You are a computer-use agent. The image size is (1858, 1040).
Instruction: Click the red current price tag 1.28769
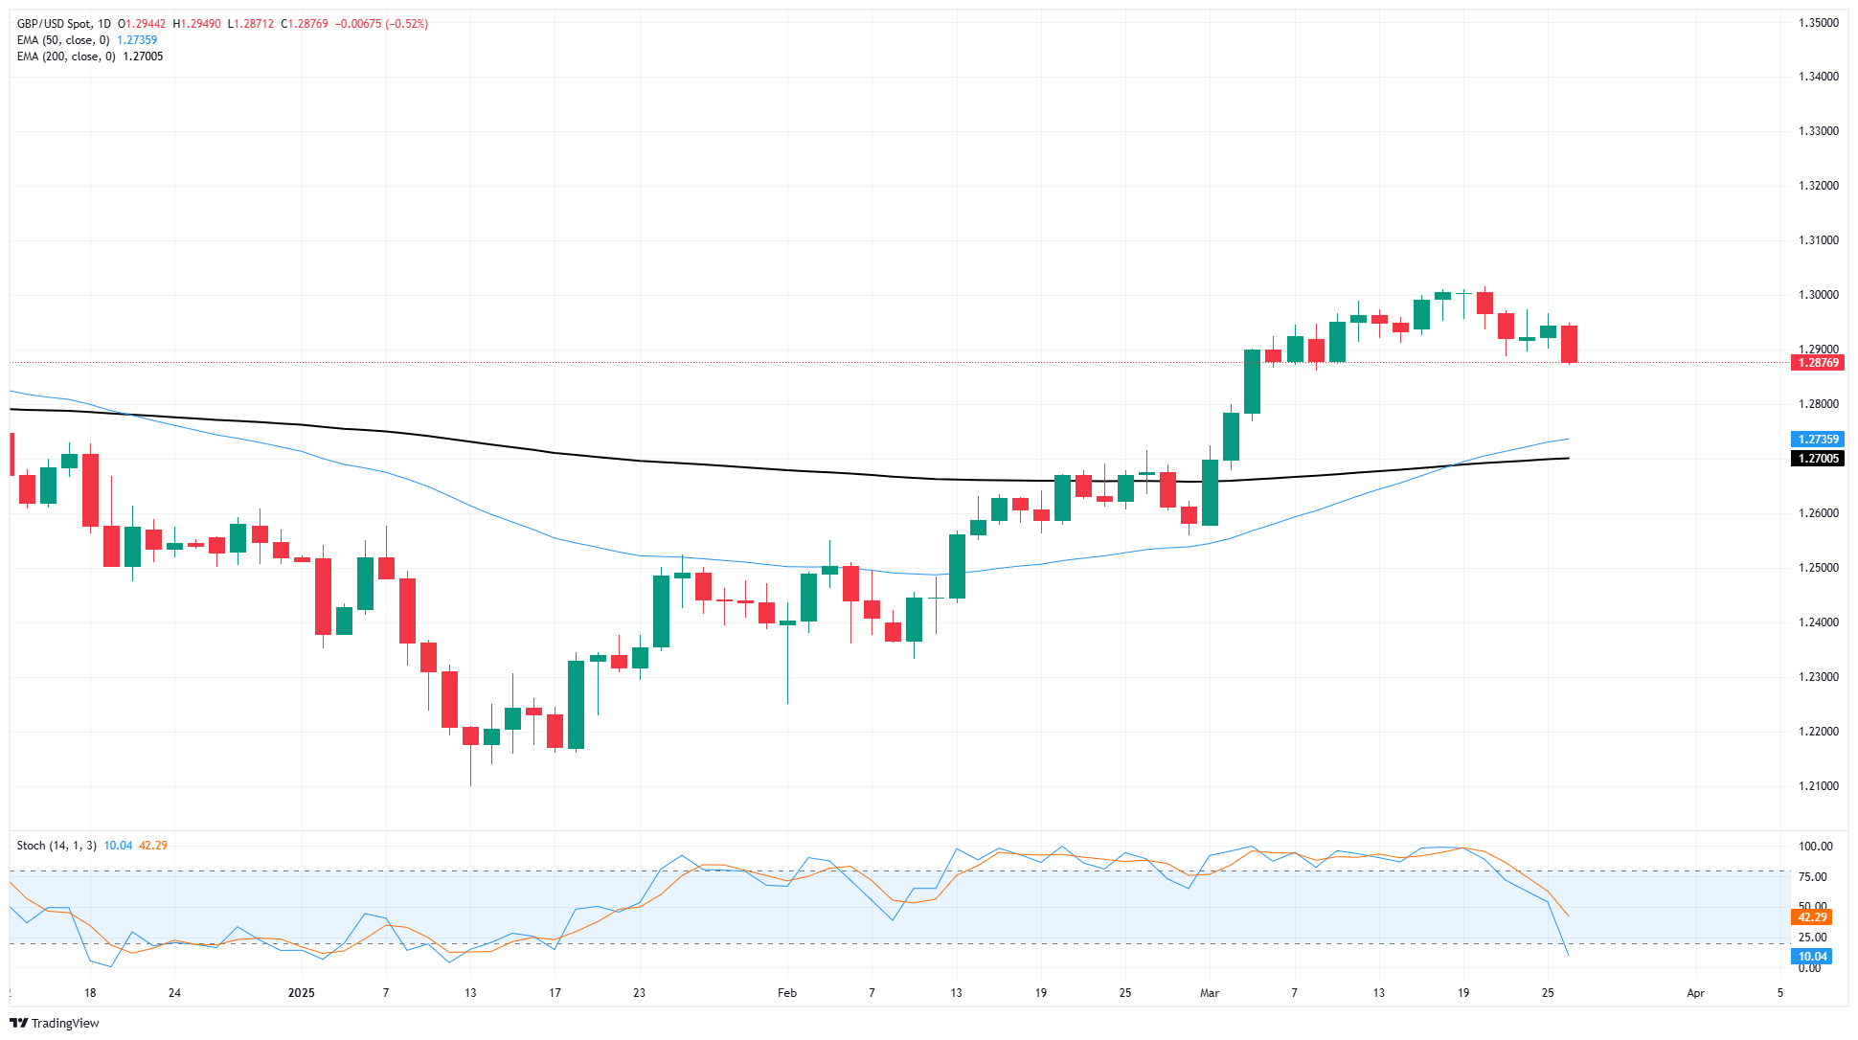1817,363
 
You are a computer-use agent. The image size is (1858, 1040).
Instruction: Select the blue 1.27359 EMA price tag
1817,440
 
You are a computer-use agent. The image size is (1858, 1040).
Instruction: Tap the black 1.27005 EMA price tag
1817,459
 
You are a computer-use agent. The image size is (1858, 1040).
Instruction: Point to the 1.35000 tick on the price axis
1818,23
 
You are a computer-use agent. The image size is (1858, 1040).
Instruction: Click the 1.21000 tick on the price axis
1818,786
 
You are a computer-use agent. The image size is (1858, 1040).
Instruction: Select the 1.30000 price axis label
1818,295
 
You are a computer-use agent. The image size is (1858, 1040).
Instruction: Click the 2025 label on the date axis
301,993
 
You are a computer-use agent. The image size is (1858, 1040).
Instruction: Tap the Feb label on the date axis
787,993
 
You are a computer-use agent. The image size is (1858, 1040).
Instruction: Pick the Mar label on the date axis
1210,993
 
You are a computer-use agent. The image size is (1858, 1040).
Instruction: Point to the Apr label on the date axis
1695,993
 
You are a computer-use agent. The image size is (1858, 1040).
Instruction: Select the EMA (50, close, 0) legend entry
63,40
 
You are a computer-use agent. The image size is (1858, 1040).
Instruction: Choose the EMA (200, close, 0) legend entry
66,57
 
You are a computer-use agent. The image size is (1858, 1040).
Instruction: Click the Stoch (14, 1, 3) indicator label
57,846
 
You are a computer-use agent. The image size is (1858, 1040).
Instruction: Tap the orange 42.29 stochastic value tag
1811,917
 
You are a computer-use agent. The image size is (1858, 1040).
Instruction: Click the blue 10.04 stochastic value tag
1811,957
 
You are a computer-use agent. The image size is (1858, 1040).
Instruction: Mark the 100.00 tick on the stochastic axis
1815,847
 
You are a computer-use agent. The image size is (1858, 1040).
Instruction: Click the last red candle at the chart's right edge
1569,344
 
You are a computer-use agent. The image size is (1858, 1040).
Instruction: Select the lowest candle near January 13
470,736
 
